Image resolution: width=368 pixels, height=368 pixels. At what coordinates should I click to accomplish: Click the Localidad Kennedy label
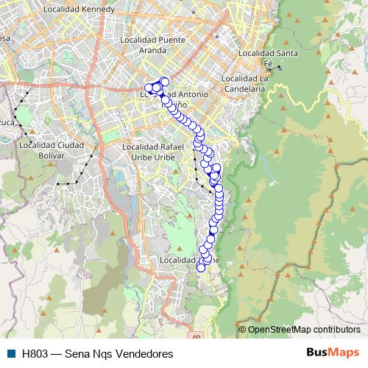pyautogui.click(x=79, y=10)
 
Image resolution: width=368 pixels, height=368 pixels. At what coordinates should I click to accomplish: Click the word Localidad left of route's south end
pyautogui.click(x=177, y=261)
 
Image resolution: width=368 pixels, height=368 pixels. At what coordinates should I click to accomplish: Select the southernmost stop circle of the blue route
pyautogui.click(x=201, y=268)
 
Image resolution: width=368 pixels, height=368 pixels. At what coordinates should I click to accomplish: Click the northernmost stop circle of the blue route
pyautogui.click(x=164, y=82)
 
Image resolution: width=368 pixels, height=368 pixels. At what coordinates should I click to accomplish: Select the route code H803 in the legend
pyautogui.click(x=36, y=353)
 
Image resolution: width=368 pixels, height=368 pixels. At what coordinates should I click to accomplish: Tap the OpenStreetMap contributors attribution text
pyautogui.click(x=304, y=329)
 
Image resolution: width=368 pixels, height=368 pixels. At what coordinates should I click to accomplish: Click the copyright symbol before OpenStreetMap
pyautogui.click(x=243, y=329)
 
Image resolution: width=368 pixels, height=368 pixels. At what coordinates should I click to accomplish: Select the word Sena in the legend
pyautogui.click(x=77, y=353)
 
